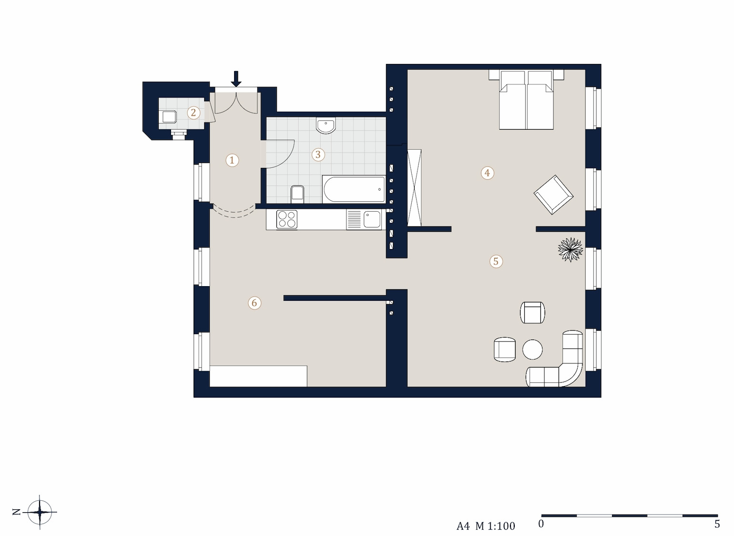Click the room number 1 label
pyautogui.click(x=232, y=160)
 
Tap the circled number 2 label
pyautogui.click(x=194, y=113)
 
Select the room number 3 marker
pyautogui.click(x=318, y=155)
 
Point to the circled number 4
pyautogui.click(x=487, y=173)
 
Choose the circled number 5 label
pyautogui.click(x=496, y=261)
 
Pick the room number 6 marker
pyautogui.click(x=255, y=303)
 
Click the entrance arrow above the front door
pyautogui.click(x=236, y=79)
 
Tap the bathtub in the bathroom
pyautogui.click(x=354, y=189)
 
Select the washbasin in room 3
pyautogui.click(x=326, y=125)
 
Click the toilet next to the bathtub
pyautogui.click(x=297, y=194)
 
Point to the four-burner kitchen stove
pyautogui.click(x=287, y=219)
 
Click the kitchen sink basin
pyautogui.click(x=372, y=219)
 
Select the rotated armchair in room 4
pyautogui.click(x=553, y=195)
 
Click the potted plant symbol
pyautogui.click(x=571, y=250)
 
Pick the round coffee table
pyautogui.click(x=532, y=350)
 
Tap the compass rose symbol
pyautogui.click(x=40, y=512)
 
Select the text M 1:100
pyautogui.click(x=495, y=526)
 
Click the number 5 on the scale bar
pyautogui.click(x=717, y=524)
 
